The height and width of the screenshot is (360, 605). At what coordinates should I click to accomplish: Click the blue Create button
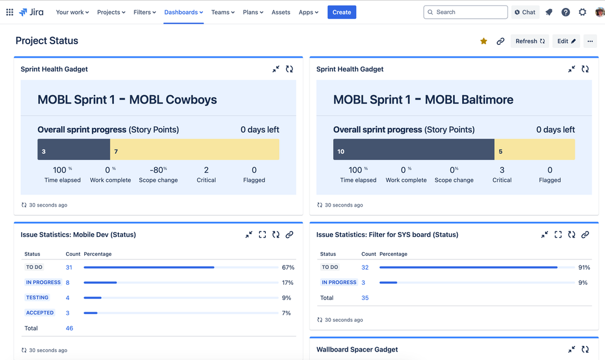[x=342, y=12]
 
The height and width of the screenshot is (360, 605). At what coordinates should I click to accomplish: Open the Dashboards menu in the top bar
[x=183, y=12]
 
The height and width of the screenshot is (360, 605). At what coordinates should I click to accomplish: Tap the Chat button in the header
[x=524, y=12]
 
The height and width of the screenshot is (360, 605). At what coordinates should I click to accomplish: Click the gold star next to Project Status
[x=483, y=41]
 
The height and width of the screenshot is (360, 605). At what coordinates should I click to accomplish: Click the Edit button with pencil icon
[x=566, y=41]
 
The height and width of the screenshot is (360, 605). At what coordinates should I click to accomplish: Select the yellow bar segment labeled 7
[x=194, y=150]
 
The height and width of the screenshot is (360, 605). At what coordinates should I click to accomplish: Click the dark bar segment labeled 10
[x=413, y=150]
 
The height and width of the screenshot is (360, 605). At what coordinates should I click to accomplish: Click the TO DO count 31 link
[x=69, y=267]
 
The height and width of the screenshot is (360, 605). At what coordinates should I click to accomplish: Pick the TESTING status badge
[x=37, y=298]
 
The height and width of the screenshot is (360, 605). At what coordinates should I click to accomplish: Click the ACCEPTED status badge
[x=40, y=313]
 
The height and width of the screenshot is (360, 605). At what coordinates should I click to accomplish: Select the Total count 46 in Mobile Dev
[x=69, y=328]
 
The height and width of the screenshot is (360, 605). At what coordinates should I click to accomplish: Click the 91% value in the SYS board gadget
[x=584, y=267]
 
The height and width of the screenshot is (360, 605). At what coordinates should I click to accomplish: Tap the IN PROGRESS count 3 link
[x=363, y=282]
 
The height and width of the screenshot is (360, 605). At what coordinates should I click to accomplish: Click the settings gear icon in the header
[x=583, y=12]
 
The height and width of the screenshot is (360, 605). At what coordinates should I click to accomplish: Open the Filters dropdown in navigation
[x=145, y=12]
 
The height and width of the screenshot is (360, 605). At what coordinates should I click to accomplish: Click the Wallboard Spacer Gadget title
[x=357, y=350]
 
